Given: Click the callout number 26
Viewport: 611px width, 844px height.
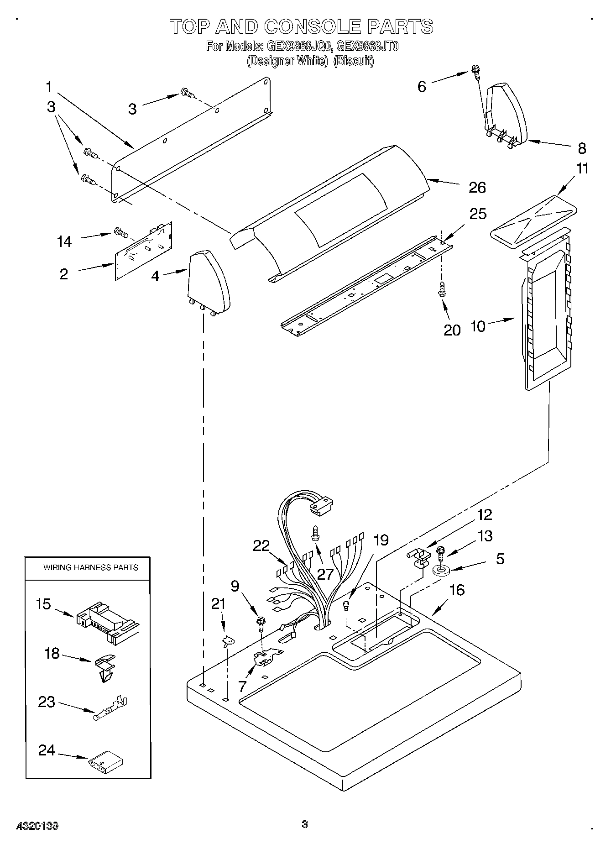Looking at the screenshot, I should (x=477, y=187).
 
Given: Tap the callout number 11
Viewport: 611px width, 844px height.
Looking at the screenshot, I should (x=582, y=168).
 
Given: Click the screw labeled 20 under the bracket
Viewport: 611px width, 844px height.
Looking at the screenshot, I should (x=442, y=289).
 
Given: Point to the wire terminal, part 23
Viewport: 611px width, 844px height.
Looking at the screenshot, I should (x=110, y=708).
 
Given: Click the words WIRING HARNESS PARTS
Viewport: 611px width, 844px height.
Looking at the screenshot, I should (x=90, y=567).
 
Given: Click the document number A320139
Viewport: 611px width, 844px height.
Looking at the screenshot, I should (x=38, y=826).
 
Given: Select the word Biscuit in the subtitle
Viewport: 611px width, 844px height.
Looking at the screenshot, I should (x=354, y=61).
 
